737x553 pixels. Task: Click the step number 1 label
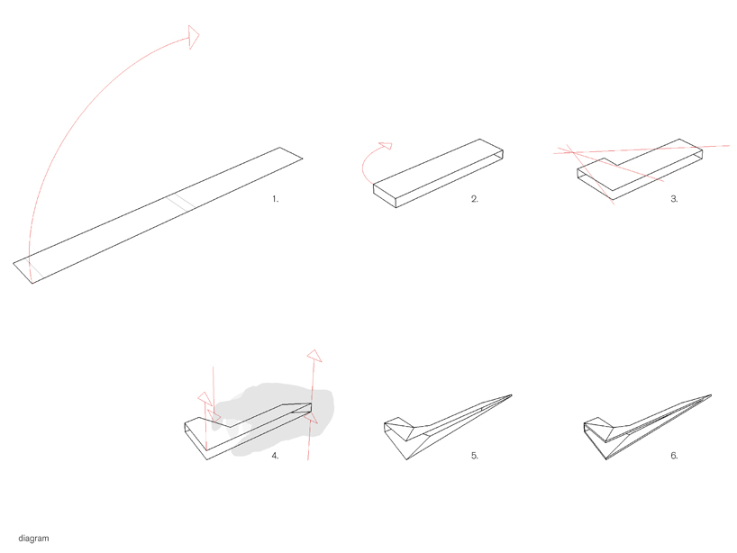tap(276, 199)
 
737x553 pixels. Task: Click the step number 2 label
tap(475, 199)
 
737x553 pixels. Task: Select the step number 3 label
tap(675, 199)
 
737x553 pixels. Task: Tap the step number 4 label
tap(275, 455)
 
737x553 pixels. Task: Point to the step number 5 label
tap(475, 455)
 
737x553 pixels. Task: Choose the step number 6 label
tap(675, 455)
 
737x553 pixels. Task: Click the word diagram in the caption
tap(34, 539)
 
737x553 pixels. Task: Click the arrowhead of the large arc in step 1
tap(193, 37)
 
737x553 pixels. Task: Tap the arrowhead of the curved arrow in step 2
tap(387, 146)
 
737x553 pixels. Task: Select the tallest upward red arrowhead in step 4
tap(314, 356)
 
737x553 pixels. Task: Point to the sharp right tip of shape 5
tap(512, 395)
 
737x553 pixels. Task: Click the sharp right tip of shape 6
tap(711, 395)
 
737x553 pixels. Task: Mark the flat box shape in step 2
tap(438, 173)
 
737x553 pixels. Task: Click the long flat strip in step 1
tap(158, 215)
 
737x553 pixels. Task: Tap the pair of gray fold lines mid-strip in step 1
tap(181, 202)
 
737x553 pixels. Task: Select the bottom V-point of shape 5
tap(406, 459)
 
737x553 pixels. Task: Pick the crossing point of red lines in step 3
tap(572, 151)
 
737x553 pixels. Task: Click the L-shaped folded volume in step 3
tap(640, 169)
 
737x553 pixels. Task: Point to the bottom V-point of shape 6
tap(606, 459)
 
